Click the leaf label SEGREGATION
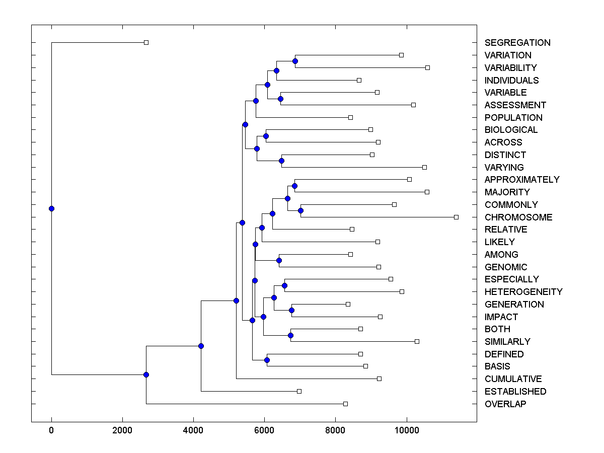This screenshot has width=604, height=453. click(517, 43)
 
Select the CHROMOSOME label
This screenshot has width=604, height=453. click(518, 217)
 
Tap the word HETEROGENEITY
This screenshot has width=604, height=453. click(523, 292)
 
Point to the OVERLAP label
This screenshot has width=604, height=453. click(505, 404)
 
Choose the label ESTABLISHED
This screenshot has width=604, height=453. click(515, 392)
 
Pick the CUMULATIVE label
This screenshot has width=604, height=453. click(513, 379)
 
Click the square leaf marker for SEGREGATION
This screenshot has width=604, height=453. click(146, 42)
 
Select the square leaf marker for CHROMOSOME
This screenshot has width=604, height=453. click(456, 217)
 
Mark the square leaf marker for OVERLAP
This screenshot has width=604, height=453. click(345, 404)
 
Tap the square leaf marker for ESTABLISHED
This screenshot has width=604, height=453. click(299, 391)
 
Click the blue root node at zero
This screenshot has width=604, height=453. click(51, 208)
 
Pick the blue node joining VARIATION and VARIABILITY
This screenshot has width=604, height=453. click(295, 61)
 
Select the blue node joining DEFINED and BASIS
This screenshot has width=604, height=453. click(267, 360)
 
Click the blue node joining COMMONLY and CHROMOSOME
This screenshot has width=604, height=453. click(300, 210)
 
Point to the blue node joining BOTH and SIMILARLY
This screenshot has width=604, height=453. click(290, 335)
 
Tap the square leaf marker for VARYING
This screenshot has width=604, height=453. click(424, 167)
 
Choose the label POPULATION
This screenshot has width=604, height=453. click(513, 118)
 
